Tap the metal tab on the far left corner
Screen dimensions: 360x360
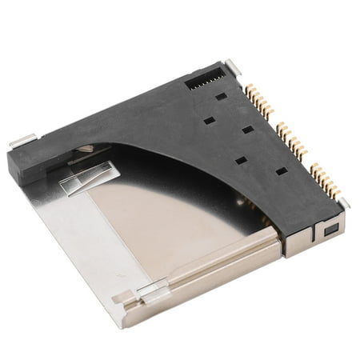[22, 141]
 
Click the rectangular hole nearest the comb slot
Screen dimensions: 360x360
[220, 95]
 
